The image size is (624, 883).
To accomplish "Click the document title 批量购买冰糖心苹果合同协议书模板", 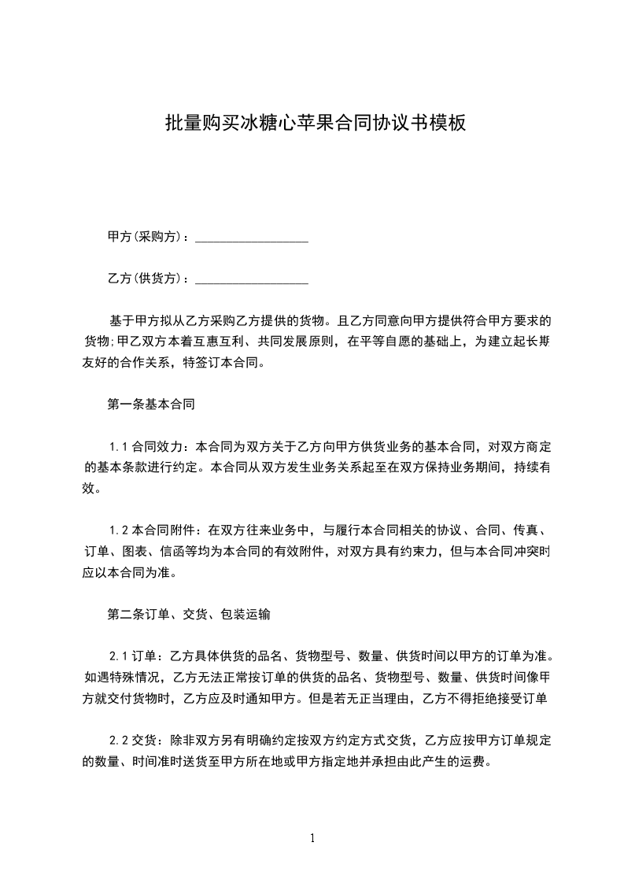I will click(316, 124).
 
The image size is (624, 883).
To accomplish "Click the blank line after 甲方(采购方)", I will click(251, 237).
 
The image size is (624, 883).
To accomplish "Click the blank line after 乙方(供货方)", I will click(251, 279).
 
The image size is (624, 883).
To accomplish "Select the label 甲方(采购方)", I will click(146, 237).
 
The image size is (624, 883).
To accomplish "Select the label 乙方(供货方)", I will click(146, 279).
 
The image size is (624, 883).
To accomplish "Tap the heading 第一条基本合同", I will click(150, 405).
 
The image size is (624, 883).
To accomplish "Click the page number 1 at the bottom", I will click(312, 838).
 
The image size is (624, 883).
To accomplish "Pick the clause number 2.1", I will click(118, 657).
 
